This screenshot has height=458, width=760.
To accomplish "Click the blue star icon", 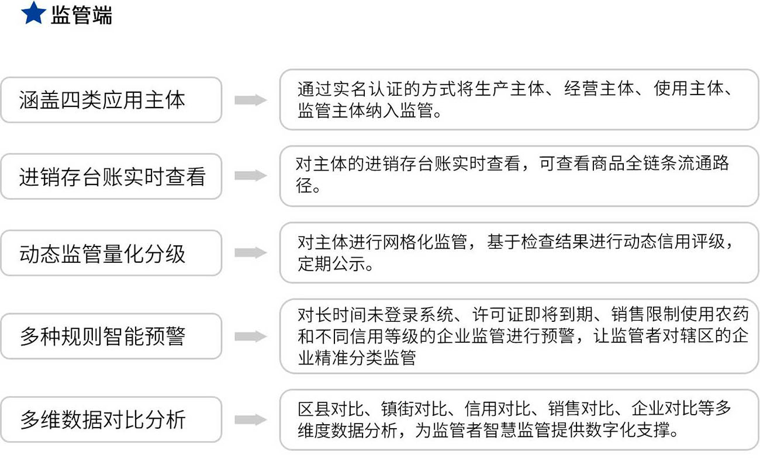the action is [33, 13].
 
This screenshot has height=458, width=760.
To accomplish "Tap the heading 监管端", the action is [81, 16].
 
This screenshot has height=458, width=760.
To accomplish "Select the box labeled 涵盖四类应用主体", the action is [111, 100].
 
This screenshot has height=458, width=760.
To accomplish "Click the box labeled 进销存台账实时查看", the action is [111, 176].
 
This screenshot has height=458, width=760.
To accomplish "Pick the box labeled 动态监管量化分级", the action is [111, 253].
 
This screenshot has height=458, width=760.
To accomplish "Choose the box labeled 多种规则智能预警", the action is [111, 336].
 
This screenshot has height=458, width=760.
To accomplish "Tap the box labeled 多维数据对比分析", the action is [111, 419].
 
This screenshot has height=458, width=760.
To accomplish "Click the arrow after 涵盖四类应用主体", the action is [251, 100].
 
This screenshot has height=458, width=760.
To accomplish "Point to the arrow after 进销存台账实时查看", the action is [251, 176].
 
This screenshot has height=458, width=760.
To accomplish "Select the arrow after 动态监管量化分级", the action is [251, 252].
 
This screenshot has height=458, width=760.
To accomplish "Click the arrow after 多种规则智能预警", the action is [251, 336].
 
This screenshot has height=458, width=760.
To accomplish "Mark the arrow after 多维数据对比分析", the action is [251, 419].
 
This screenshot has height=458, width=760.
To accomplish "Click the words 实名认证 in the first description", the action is [368, 89].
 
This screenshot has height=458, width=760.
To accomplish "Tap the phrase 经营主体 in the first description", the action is [599, 89].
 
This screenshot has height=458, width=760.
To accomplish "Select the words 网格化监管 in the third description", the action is [424, 242].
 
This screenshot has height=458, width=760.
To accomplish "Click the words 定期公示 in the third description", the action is [331, 263].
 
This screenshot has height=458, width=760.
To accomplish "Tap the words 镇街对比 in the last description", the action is [414, 408].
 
